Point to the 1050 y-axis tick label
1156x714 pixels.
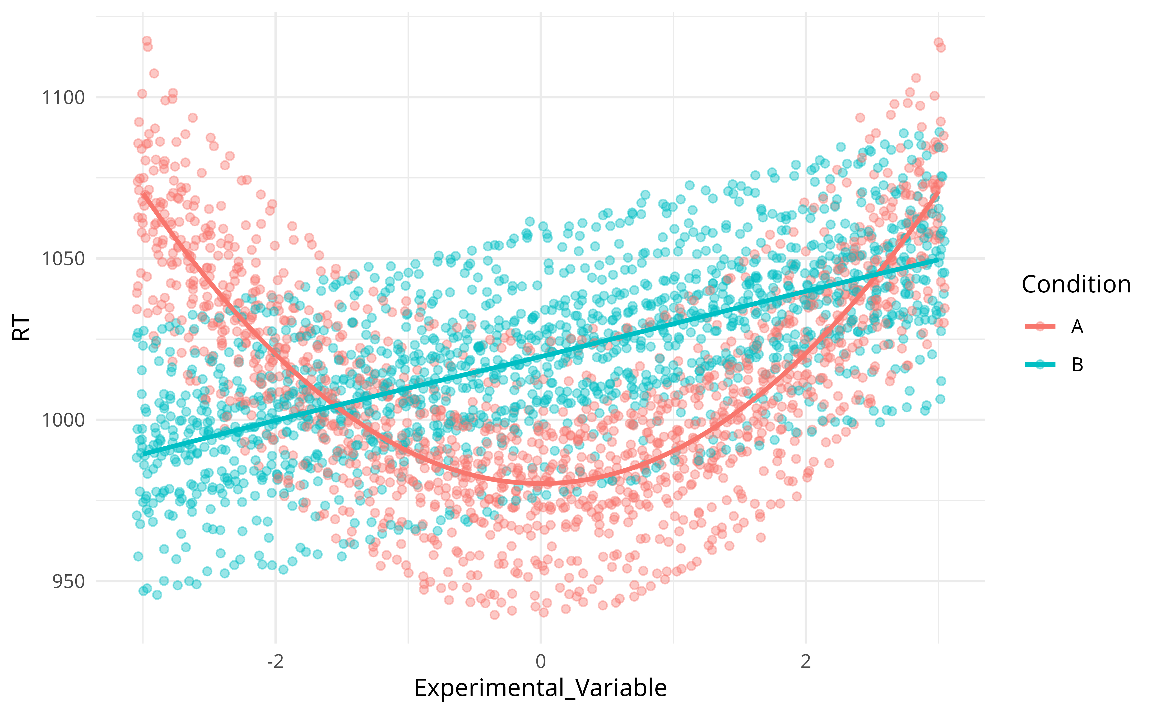pos(63,259)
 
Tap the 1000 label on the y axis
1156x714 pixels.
pos(63,420)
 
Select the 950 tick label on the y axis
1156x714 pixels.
pos(68,581)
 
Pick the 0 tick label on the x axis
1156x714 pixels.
pos(541,662)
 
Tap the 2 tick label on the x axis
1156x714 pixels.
pos(806,662)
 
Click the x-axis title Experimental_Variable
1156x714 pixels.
pos(540,688)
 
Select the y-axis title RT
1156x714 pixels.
pos(21,328)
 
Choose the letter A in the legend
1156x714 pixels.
pos(1077,326)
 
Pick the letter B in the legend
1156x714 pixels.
pos(1077,364)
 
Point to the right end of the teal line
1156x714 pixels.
pos(938,259)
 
